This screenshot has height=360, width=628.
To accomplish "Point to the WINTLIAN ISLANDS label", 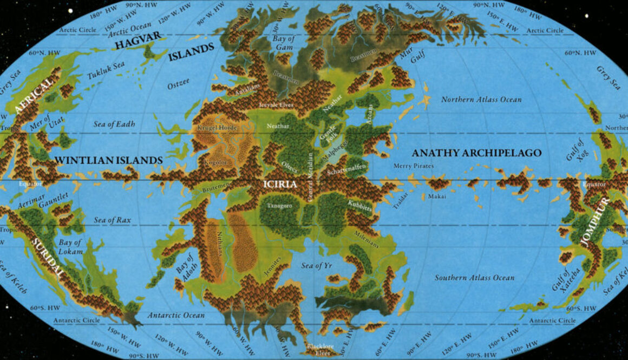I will point(109,161).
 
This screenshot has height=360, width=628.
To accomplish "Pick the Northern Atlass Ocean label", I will point(481,100).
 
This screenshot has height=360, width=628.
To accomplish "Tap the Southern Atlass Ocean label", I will point(474,278).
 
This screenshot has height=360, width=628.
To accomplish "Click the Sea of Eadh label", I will point(114,124).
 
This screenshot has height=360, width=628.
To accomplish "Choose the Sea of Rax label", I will point(113,220).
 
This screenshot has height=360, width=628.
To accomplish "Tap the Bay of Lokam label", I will point(71,247).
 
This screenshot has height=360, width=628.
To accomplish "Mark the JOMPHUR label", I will point(594,222).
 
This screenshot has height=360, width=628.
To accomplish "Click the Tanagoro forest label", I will point(279,206).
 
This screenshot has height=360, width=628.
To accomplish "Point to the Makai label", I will point(437,197).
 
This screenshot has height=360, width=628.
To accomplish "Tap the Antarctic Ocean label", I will point(176,315).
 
